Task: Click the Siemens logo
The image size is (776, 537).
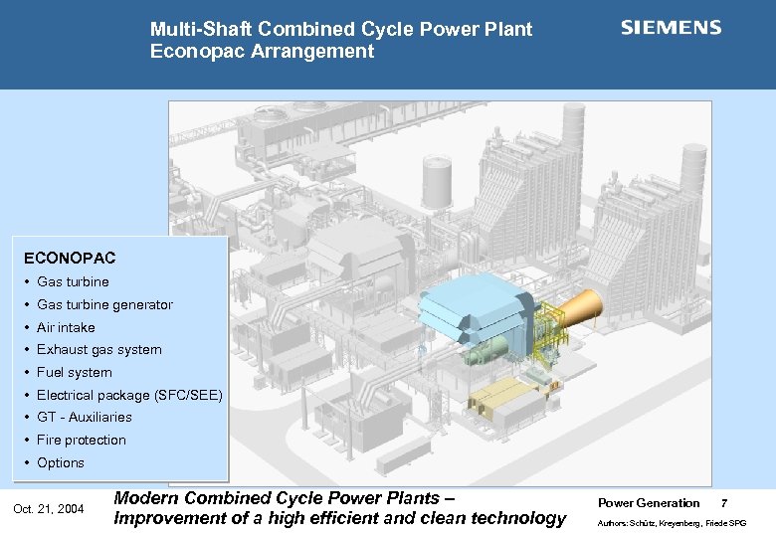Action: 672,28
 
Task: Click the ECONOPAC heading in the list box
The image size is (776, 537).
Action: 77,258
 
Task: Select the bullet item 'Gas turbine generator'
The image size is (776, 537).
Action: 104,304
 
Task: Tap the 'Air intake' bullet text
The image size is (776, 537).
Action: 66,327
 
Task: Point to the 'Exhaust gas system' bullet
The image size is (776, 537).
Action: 98,349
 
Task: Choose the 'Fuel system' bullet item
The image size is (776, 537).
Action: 74,372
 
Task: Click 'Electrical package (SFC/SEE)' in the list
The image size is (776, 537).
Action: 129,395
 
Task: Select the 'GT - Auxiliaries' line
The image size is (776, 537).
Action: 84,417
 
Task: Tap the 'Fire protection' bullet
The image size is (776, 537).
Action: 81,440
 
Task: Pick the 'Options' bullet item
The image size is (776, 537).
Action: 61,462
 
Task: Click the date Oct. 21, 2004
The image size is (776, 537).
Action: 48,510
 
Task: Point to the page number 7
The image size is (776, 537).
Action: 723,503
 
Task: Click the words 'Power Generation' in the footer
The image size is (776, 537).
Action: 648,503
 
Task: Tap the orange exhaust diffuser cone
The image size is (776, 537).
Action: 581,309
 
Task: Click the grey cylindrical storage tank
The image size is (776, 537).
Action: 437,184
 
